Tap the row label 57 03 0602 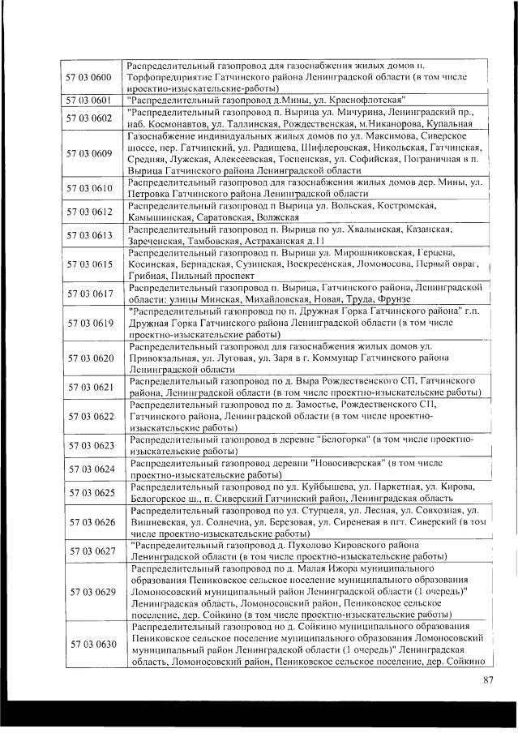coord(90,118)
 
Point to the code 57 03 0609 coord(90,153)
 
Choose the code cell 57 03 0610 coord(90,188)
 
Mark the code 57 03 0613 coord(90,235)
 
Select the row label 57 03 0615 coord(90,264)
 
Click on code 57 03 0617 coord(90,294)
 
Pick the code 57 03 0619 coord(90,323)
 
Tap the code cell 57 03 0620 coord(90,358)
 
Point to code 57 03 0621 coord(90,387)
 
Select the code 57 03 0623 coord(90,445)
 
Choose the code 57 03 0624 coord(90,469)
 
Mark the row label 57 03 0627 coord(90,551)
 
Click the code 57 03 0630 coord(90,645)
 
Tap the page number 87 coord(487,679)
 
